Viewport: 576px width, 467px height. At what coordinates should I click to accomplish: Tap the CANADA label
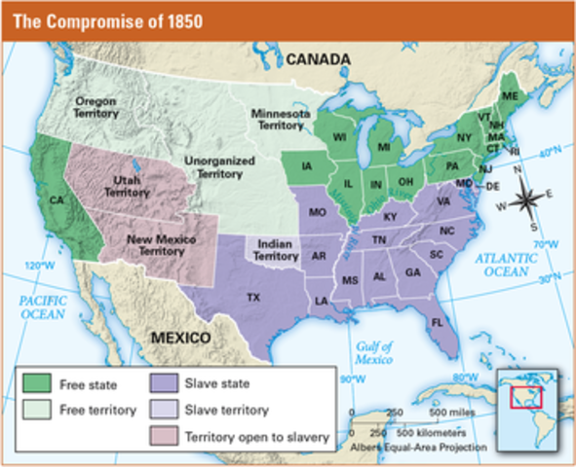tap(317, 60)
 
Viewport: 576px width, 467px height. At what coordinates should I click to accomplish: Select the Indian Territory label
tap(276, 249)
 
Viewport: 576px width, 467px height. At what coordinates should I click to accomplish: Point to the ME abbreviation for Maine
tap(510, 95)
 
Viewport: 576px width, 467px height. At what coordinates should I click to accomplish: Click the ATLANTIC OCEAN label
tap(507, 264)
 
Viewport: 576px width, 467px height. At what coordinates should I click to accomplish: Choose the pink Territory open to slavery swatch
tap(166, 435)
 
